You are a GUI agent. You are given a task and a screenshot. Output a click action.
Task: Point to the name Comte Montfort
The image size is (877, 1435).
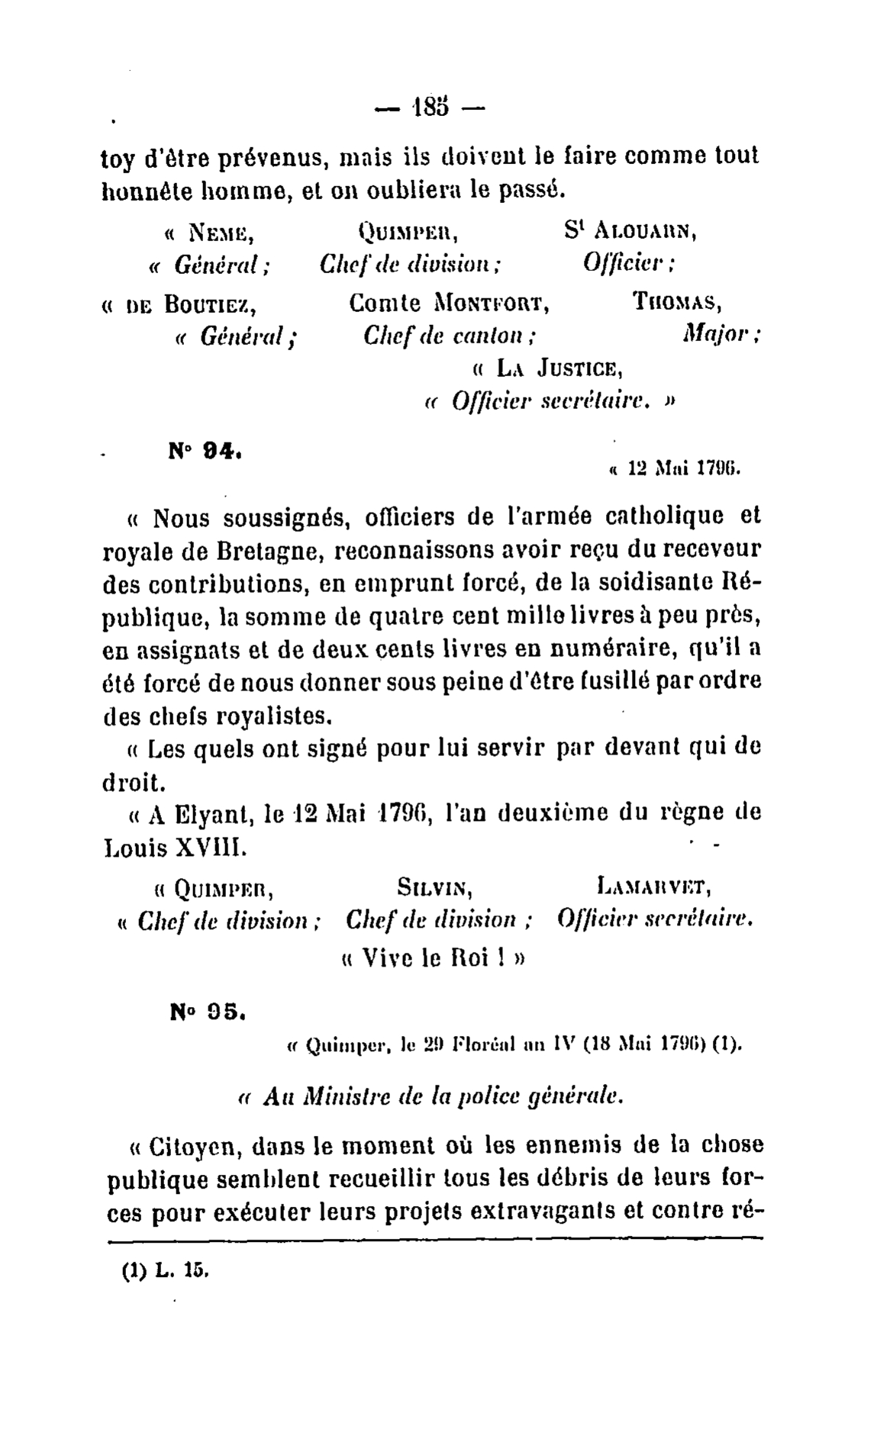(x=450, y=304)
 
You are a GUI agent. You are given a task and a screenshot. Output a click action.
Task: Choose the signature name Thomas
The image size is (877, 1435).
(x=679, y=303)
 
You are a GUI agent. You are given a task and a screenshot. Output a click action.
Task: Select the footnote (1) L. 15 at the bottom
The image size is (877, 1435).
(x=164, y=1272)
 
